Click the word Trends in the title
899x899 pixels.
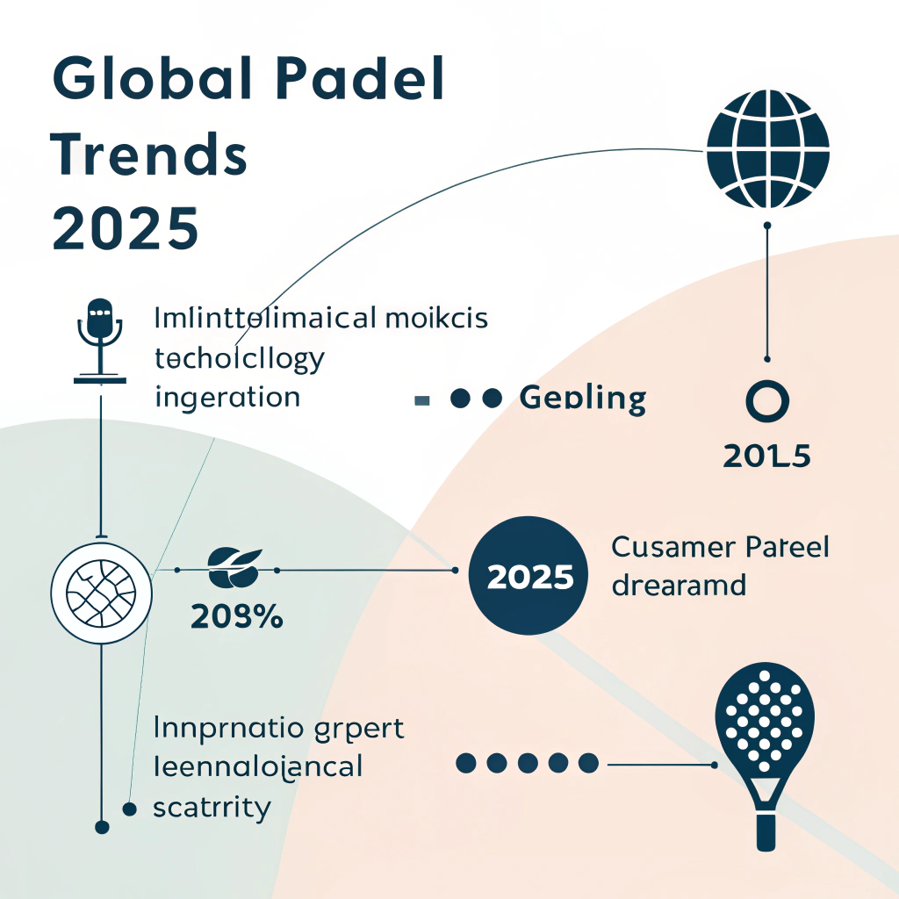coord(147,155)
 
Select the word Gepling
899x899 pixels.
coord(583,399)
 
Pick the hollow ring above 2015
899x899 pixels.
coord(766,401)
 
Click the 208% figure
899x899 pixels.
coord(235,617)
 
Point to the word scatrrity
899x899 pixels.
coord(211,807)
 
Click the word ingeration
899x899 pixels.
coord(227,398)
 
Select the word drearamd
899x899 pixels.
coord(678,585)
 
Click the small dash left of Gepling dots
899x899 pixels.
coord(422,400)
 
